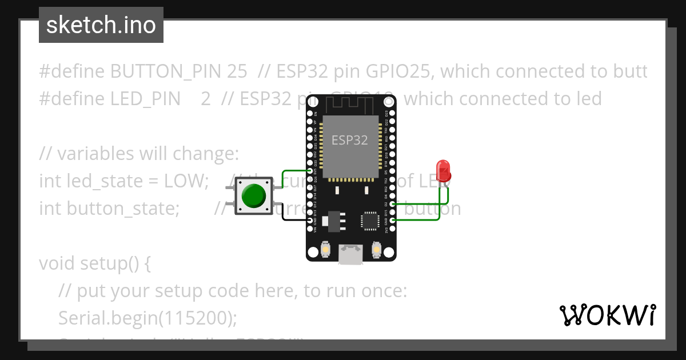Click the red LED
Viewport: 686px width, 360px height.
[443, 170]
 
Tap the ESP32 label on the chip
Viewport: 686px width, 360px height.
[350, 139]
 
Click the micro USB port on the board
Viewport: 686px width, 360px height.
[350, 254]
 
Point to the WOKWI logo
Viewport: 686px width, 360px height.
[607, 315]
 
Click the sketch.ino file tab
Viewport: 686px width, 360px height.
[101, 25]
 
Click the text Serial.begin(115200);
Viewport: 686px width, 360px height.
[147, 318]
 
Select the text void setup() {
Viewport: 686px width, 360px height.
[95, 263]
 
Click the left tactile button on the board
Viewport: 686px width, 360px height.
[325, 249]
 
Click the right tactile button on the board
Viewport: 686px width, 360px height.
[376, 249]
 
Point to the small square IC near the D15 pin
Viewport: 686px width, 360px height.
[369, 221]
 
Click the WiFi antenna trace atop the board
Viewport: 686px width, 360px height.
[350, 105]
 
